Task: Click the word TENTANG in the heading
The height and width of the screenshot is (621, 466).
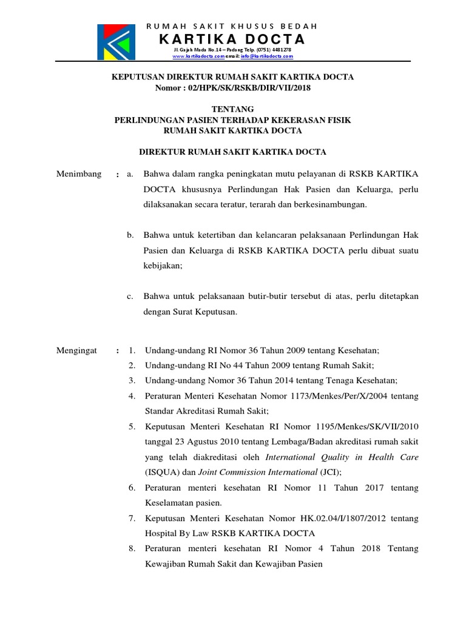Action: pyautogui.click(x=232, y=109)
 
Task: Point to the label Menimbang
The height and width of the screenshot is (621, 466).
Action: pyautogui.click(x=78, y=174)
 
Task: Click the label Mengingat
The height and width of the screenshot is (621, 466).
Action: pyautogui.click(x=76, y=351)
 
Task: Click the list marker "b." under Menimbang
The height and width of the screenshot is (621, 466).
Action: pyautogui.click(x=130, y=235)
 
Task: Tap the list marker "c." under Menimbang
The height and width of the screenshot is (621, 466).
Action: pyautogui.click(x=130, y=297)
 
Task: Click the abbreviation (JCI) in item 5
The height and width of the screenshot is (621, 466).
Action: pyautogui.click(x=328, y=472)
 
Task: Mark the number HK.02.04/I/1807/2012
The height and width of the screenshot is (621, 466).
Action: pyautogui.click(x=340, y=518)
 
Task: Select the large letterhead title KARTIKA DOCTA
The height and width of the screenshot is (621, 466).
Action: pyautogui.click(x=232, y=40)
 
